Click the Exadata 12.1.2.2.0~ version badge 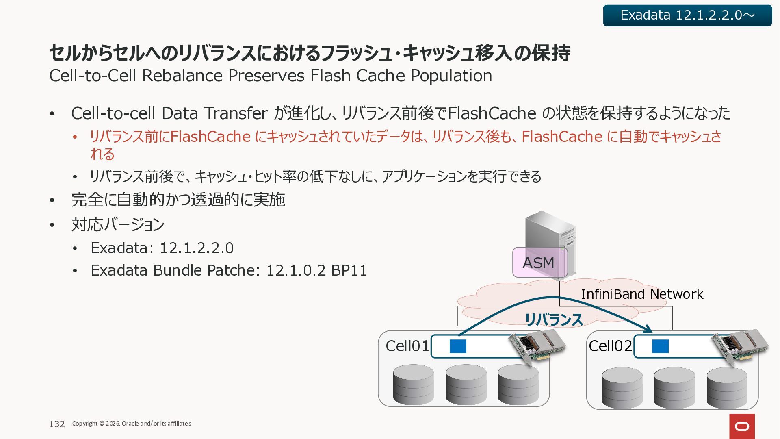687,15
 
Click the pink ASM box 539,263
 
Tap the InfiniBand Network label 642,294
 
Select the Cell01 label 407,346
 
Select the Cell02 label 610,346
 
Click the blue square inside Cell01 458,346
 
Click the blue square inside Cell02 660,346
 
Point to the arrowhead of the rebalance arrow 649,329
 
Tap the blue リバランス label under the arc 554,319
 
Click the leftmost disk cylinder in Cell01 413,385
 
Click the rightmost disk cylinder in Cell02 727,388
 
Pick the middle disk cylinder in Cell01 466,385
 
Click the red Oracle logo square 742,426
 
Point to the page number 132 57,424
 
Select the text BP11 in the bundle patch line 349,270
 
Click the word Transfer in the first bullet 236,113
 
